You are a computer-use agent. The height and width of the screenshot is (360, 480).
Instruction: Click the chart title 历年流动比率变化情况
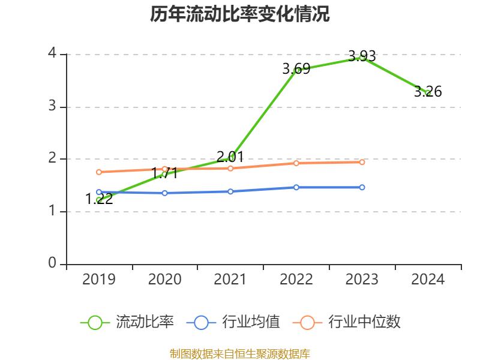(x=240, y=14)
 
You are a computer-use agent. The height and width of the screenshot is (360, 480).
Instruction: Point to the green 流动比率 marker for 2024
(x=428, y=92)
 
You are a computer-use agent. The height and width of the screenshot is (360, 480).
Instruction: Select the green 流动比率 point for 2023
(x=362, y=58)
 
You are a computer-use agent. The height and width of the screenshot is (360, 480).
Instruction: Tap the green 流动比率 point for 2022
(x=296, y=70)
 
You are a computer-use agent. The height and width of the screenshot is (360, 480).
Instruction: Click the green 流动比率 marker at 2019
(x=99, y=200)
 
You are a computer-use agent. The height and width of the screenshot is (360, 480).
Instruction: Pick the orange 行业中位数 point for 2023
(x=362, y=162)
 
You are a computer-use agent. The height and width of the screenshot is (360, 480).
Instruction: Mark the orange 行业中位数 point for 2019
(x=99, y=172)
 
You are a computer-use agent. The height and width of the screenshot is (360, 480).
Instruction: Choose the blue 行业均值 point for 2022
(x=296, y=187)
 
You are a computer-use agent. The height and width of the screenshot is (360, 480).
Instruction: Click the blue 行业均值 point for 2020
(x=165, y=193)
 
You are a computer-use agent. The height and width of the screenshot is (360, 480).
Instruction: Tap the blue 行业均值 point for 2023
(x=362, y=187)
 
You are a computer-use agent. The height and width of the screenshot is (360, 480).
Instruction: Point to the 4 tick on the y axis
(x=53, y=54)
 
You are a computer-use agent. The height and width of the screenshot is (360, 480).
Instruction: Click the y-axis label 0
(x=53, y=263)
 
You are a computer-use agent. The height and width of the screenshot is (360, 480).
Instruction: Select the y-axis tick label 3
(x=53, y=107)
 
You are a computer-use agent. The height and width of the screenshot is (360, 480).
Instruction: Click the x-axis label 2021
(x=230, y=280)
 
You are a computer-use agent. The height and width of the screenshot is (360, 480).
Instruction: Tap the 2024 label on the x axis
(x=428, y=280)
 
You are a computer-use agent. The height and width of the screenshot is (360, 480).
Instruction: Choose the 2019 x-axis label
(x=99, y=280)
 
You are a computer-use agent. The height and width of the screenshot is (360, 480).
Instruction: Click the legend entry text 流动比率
(x=145, y=322)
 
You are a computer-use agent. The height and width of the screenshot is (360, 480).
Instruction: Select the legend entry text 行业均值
(x=251, y=322)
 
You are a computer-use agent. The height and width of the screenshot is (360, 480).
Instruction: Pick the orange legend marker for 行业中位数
(x=307, y=322)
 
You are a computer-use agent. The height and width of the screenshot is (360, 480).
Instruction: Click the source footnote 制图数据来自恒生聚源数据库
(x=240, y=353)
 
